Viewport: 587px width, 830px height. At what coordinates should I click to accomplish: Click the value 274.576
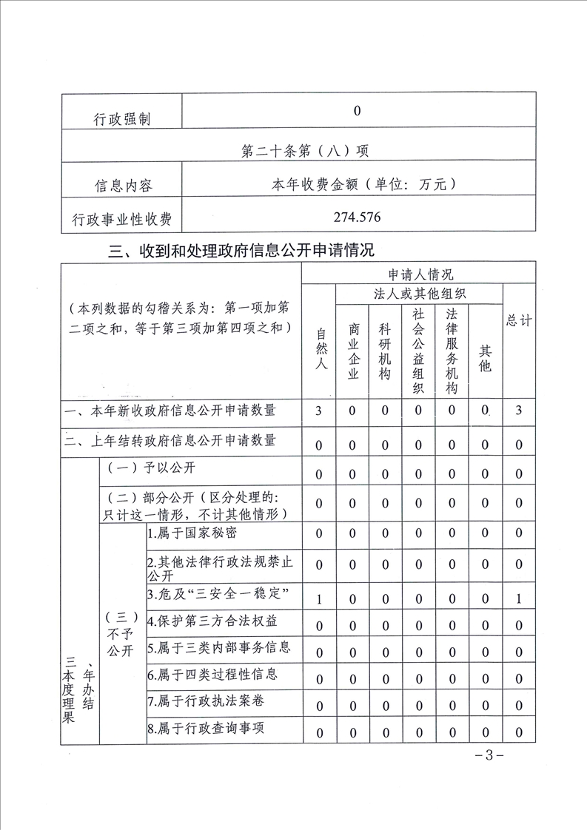click(x=358, y=217)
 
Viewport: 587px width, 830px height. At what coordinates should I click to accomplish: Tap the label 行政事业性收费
click(x=122, y=219)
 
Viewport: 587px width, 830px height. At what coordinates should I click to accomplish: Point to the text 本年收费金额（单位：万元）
click(x=358, y=185)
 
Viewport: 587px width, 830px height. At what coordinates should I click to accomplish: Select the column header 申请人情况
click(x=418, y=274)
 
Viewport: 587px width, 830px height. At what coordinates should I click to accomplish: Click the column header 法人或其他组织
click(x=419, y=294)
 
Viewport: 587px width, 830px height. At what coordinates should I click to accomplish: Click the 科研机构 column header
click(x=385, y=352)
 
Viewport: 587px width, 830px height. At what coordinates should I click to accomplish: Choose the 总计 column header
click(x=519, y=320)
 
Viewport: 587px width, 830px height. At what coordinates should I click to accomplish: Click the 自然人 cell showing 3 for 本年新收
click(x=319, y=411)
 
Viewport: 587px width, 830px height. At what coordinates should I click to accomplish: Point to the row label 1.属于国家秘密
click(x=192, y=533)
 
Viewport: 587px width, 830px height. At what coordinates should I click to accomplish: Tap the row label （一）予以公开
click(x=152, y=468)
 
